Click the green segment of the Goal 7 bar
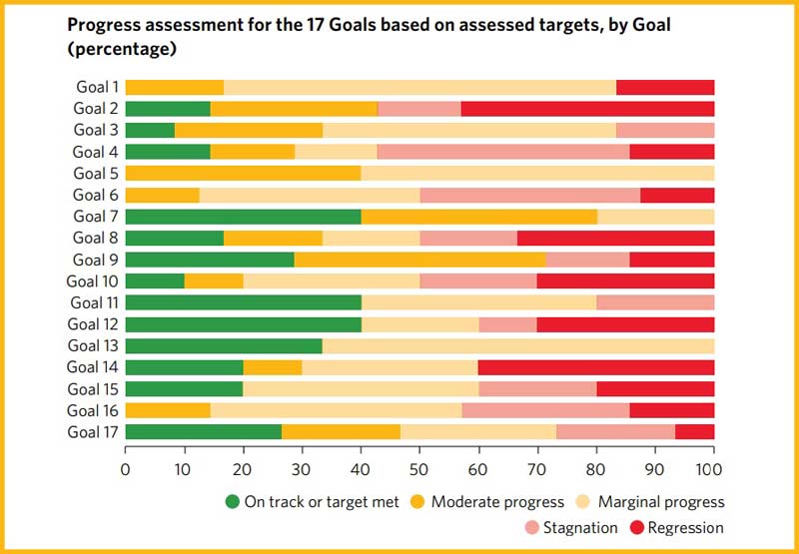pyautogui.click(x=243, y=217)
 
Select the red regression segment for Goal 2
pyautogui.click(x=587, y=109)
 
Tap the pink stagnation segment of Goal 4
pyautogui.click(x=503, y=152)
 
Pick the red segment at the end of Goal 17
pyautogui.click(x=695, y=432)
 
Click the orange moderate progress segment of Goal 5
pyautogui.click(x=243, y=174)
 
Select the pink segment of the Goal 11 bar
pyautogui.click(x=655, y=302)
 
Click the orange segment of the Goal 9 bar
pyautogui.click(x=419, y=260)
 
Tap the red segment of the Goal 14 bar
pyautogui.click(x=596, y=367)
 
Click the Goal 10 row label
pyautogui.click(x=92, y=281)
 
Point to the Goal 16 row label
pyautogui.click(x=92, y=410)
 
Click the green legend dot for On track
pyautogui.click(x=232, y=502)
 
